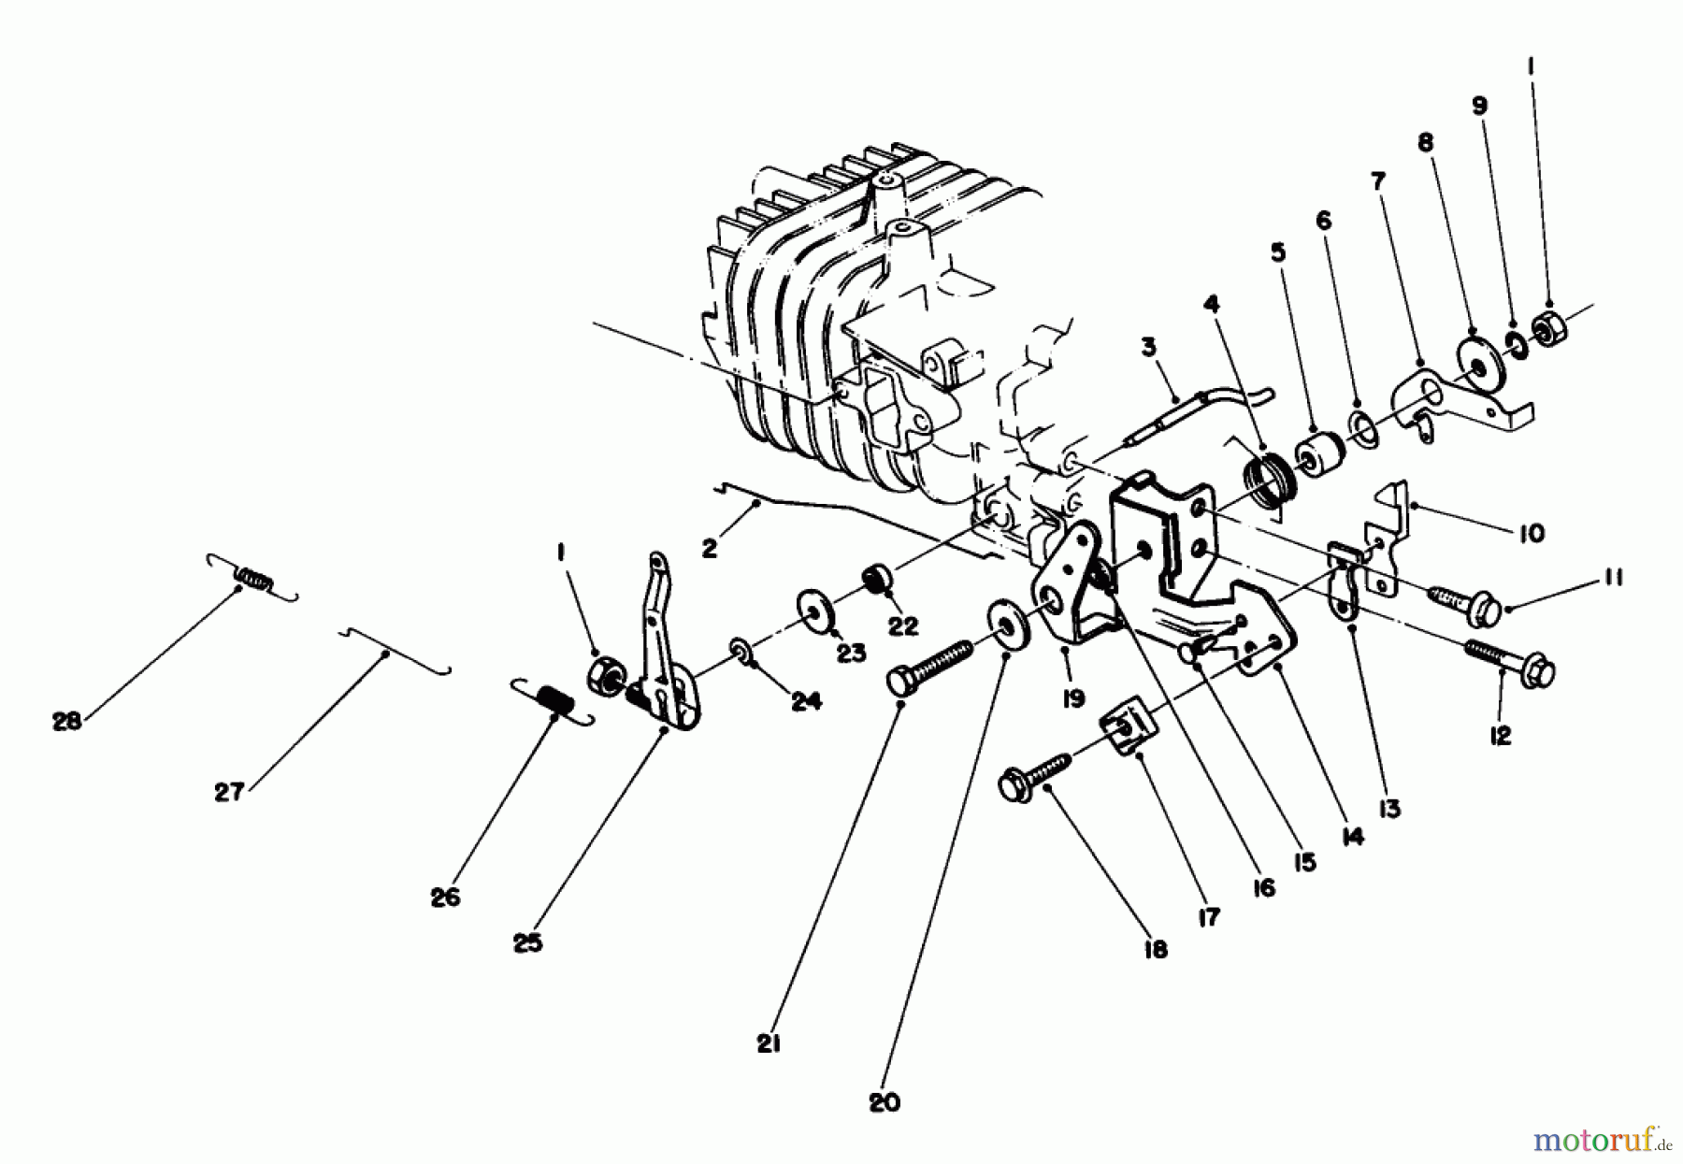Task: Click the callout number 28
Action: [x=67, y=721]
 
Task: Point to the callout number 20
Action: [x=885, y=1102]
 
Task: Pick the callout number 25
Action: [x=527, y=943]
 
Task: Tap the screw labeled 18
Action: [x=1035, y=778]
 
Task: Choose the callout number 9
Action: [x=1479, y=105]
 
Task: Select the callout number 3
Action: [x=1148, y=348]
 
